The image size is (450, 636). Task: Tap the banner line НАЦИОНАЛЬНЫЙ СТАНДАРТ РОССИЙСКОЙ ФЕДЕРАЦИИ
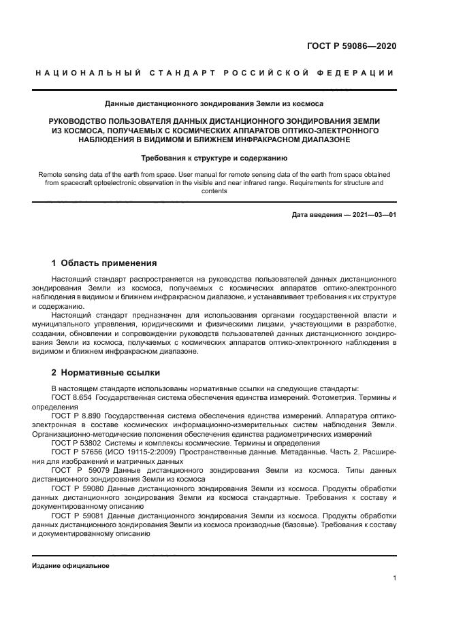coord(214,73)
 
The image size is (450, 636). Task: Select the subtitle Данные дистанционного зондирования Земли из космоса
coord(214,104)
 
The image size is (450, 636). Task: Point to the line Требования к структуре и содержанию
coord(214,157)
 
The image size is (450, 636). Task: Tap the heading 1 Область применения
coord(104,263)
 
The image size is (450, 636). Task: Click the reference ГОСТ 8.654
coord(71,397)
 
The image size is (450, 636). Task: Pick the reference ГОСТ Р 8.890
coord(77,414)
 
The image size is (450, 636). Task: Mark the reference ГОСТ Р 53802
coord(76,441)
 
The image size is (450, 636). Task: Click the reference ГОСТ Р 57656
coord(77,451)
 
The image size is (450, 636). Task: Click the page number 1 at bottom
coord(394,579)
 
